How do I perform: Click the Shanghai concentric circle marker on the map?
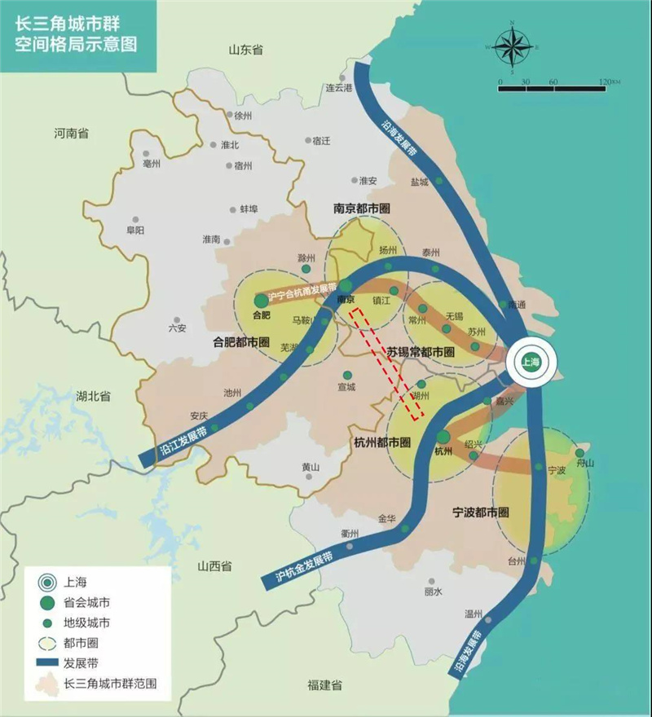click(531, 363)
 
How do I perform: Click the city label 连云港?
click(338, 87)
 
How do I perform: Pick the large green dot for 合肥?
click(261, 301)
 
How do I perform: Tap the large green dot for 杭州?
click(443, 438)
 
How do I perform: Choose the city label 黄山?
click(311, 467)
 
